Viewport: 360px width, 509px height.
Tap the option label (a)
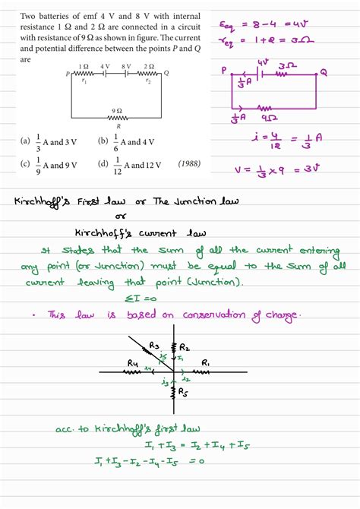click(26, 141)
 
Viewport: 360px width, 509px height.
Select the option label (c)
click(26, 164)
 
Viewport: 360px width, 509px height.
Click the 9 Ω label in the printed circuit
click(117, 110)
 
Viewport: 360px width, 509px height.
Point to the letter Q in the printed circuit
click(166, 73)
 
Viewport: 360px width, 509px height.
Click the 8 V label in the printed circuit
click(127, 67)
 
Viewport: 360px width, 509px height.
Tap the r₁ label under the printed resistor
click(84, 81)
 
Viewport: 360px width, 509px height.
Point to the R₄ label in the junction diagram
click(134, 362)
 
